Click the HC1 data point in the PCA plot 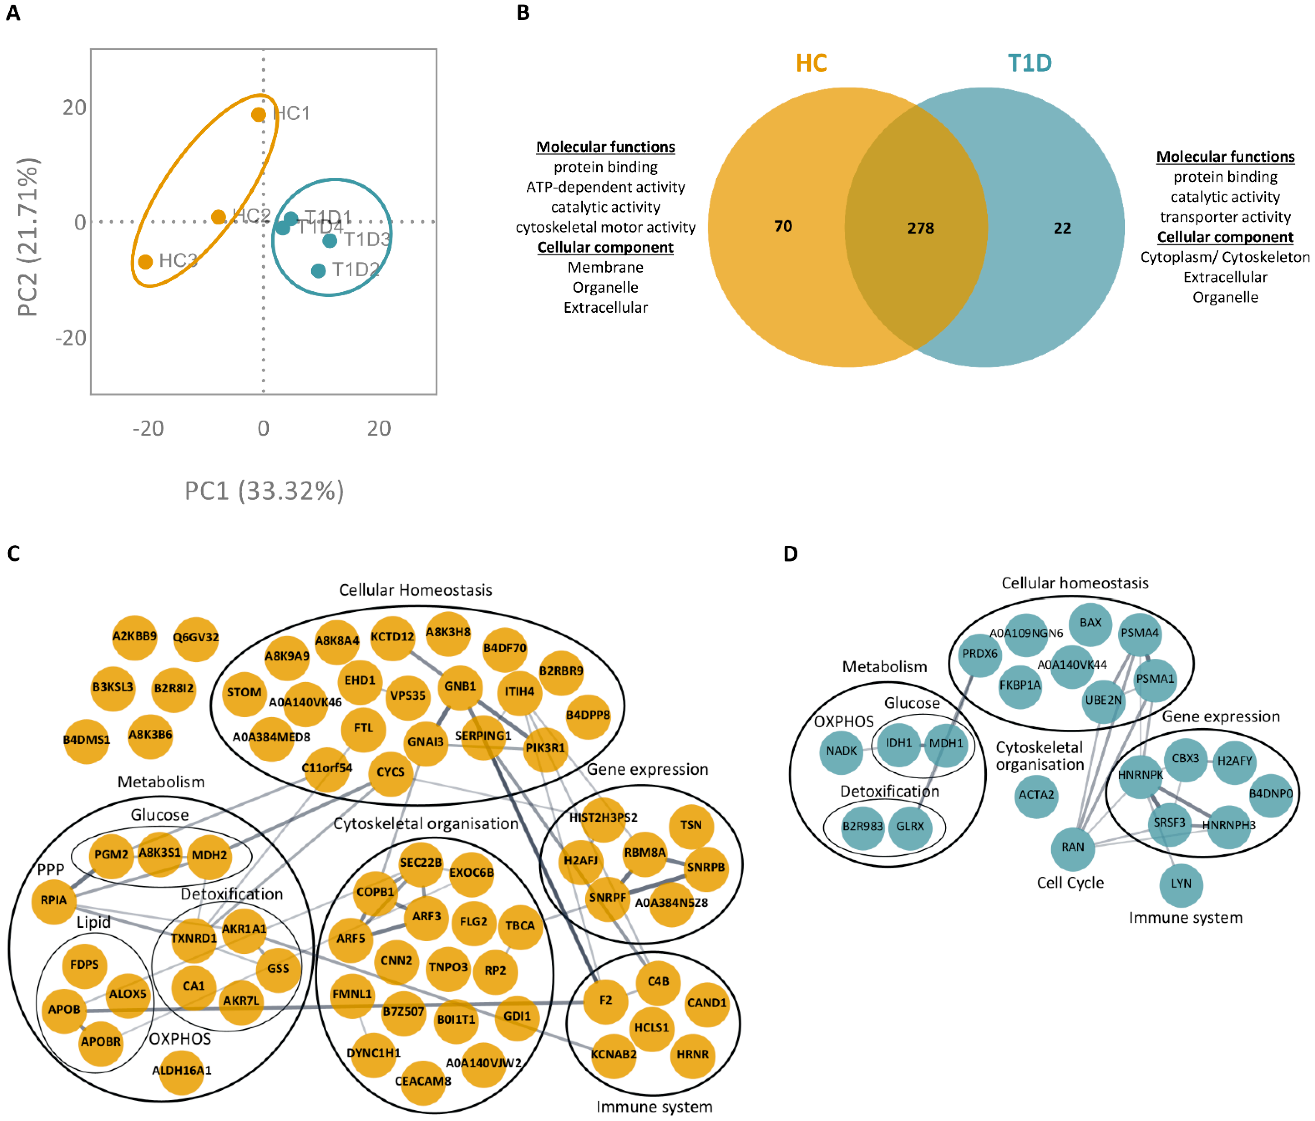tap(258, 114)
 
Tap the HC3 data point tap(145, 262)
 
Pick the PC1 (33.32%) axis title tap(264, 491)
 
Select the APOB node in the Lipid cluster tap(64, 1009)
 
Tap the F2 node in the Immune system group tap(605, 1000)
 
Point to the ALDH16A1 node tap(181, 1070)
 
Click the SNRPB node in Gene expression tap(706, 867)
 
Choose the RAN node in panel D tap(1073, 847)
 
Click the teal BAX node tap(1090, 623)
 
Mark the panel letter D tap(790, 554)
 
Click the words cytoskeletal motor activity tap(605, 227)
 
